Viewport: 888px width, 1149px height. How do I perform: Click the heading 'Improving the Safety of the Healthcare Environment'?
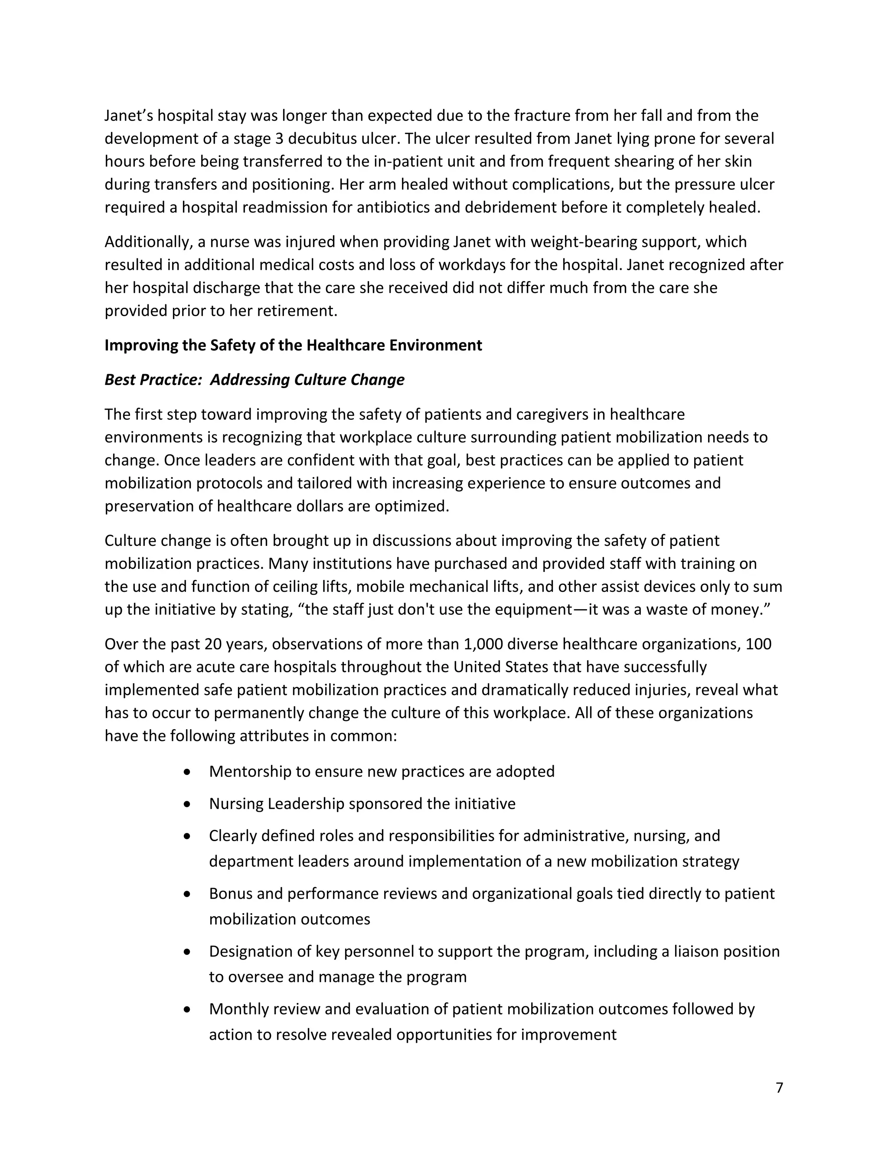click(x=293, y=345)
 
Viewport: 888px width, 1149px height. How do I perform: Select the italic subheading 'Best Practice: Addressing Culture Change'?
click(x=254, y=379)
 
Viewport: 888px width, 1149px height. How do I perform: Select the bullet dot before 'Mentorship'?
click(x=187, y=772)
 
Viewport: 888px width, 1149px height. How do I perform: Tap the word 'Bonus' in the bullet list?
click(x=230, y=893)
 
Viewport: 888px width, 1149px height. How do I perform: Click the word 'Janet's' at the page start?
click(x=128, y=115)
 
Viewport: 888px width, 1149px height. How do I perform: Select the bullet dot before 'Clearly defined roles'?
click(x=187, y=836)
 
